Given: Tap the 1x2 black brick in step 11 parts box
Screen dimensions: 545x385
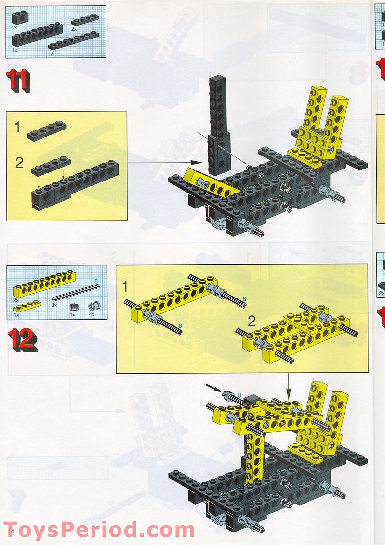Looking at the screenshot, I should coord(20,18).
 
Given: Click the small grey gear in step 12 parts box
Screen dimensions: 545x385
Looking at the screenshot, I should coord(74,307).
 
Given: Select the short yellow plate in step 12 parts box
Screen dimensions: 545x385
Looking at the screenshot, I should coord(27,306).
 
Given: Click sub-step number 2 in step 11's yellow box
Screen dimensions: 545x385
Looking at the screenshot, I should coord(19,163).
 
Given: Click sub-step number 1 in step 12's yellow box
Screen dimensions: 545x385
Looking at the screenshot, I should coord(125,287).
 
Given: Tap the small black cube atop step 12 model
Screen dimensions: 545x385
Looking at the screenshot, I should coord(251,400).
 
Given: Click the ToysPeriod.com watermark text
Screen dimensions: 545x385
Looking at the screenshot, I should coord(99,530).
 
